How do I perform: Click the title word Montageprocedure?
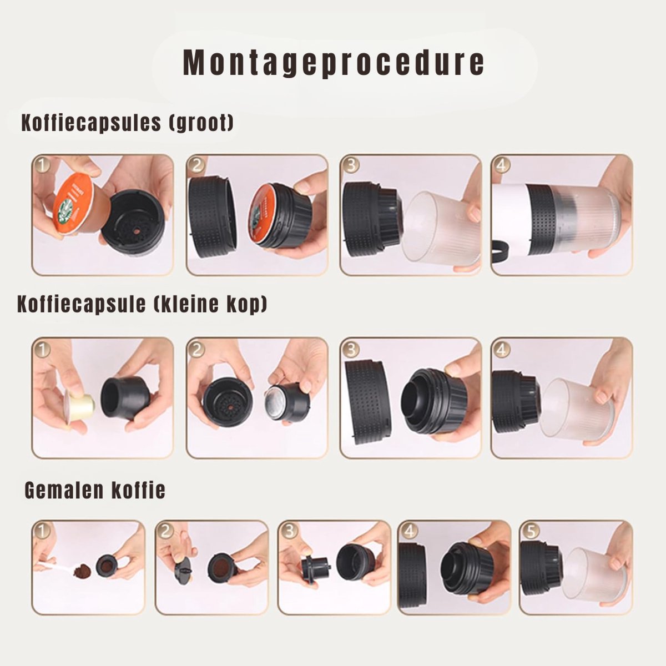coord(333,63)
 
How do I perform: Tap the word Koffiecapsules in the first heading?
coord(91,123)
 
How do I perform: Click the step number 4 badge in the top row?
coord(501,165)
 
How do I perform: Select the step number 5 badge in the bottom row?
coord(531,531)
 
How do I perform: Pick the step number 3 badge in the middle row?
coord(350,350)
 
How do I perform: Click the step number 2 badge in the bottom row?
coord(165,531)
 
